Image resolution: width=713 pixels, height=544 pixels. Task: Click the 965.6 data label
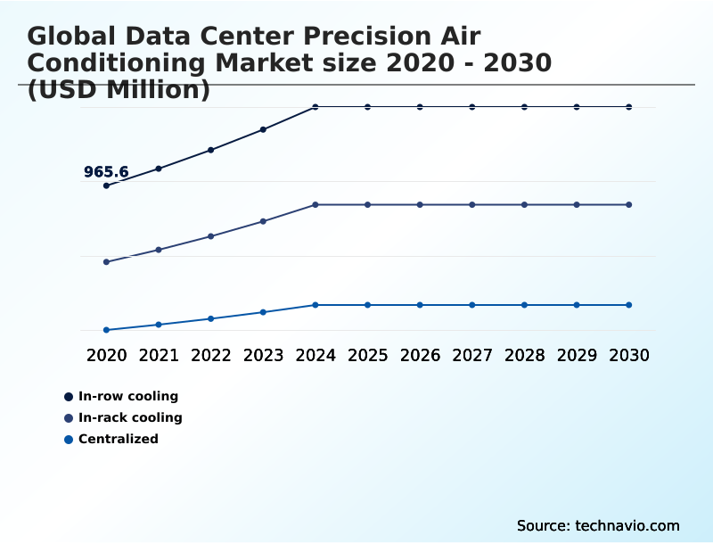[x=106, y=172]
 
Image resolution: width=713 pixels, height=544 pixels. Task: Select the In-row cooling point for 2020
[x=106, y=185]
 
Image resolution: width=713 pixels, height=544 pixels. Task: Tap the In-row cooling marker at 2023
[x=263, y=129]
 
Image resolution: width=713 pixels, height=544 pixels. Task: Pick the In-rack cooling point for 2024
[x=316, y=205]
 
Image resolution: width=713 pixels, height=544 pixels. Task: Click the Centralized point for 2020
[x=106, y=330]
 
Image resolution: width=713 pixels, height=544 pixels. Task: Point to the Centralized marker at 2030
[x=629, y=305]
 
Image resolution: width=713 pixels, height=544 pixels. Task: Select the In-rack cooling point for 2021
[x=159, y=250]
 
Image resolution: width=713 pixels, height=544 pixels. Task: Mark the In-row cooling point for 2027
[x=472, y=107]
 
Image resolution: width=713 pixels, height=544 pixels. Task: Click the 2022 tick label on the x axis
[x=211, y=355]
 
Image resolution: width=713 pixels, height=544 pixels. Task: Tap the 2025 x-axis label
[x=367, y=355]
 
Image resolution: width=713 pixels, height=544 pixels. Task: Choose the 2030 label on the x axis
[x=629, y=355]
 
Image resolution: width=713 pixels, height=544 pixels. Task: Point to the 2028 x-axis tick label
[x=524, y=355]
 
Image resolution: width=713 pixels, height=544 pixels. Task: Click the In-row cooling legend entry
[x=128, y=396]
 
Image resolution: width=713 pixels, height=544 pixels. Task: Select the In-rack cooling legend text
[x=130, y=417]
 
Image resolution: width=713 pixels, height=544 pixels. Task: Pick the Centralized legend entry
[x=119, y=439]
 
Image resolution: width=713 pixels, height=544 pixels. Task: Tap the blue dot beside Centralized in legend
[x=69, y=439]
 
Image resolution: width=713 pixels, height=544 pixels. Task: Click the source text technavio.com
[x=598, y=525]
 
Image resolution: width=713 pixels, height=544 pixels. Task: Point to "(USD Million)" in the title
[x=119, y=89]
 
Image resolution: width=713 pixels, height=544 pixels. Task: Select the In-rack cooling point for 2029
[x=577, y=205]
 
